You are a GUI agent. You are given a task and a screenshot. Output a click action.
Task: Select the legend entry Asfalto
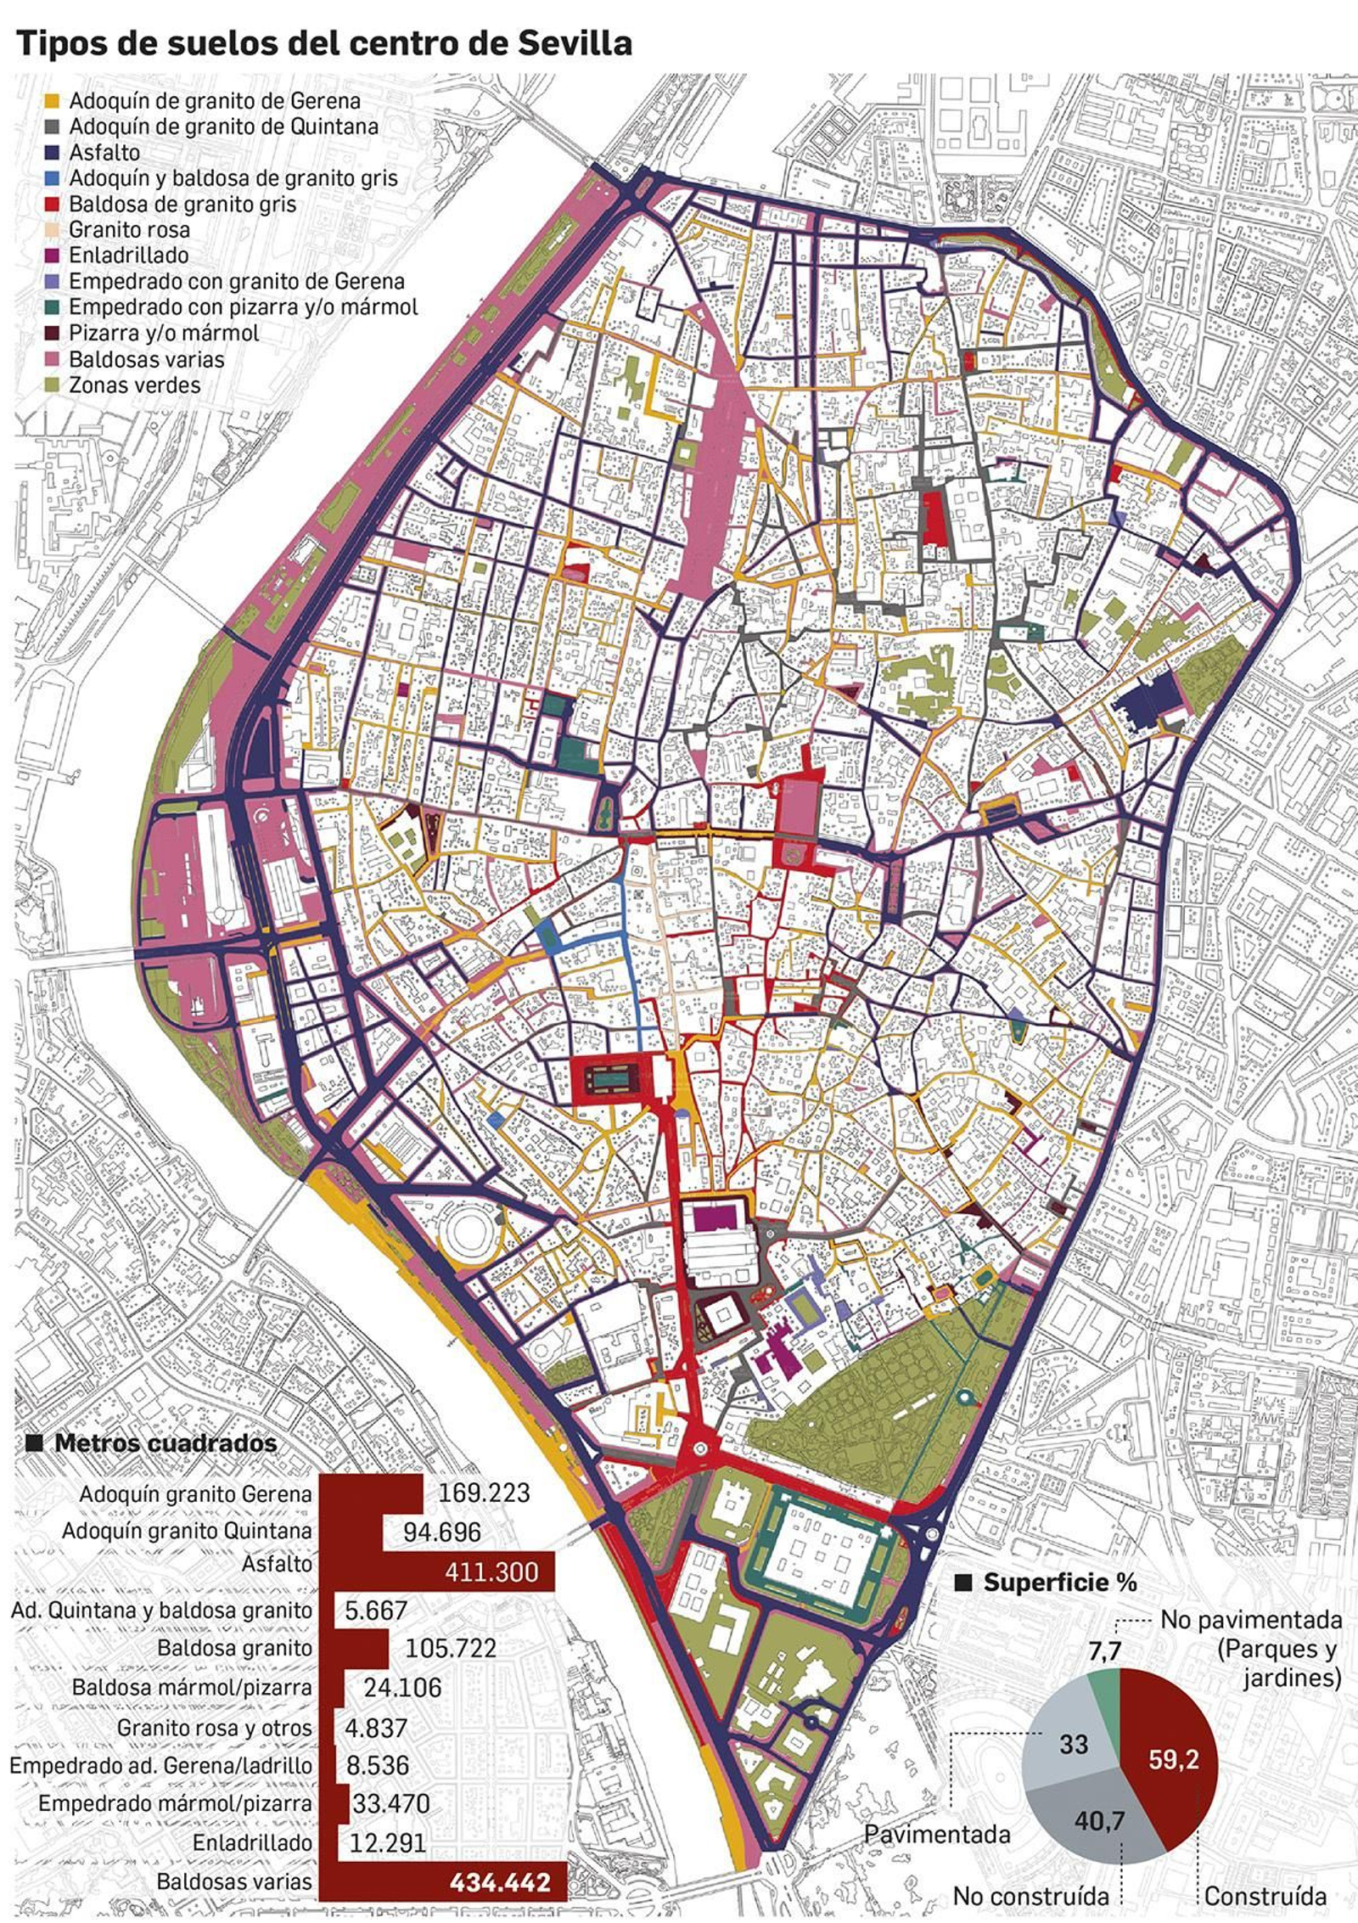[x=104, y=153]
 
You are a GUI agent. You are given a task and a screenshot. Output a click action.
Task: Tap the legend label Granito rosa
[x=129, y=230]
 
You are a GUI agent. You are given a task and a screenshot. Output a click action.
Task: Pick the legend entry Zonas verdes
[x=134, y=385]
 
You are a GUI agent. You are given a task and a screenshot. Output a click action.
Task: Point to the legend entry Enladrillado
[x=128, y=256]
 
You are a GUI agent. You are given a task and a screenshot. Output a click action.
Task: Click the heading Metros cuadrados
[x=166, y=1443]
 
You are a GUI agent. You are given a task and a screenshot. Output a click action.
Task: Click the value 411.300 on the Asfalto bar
[x=491, y=1572]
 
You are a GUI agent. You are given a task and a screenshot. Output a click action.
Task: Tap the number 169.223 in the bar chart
[x=484, y=1493]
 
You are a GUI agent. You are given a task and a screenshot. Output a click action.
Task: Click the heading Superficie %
[x=1058, y=1583]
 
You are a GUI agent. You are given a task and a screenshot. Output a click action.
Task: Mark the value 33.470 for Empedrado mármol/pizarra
[x=390, y=1803]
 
